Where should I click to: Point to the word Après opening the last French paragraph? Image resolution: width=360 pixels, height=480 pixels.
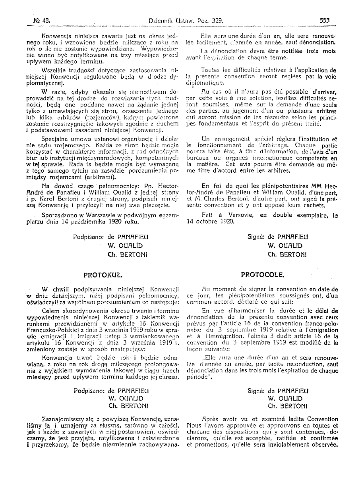210,419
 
